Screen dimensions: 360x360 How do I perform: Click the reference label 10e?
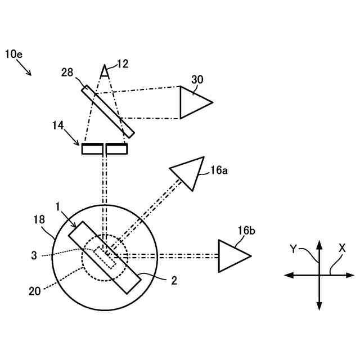click(15, 54)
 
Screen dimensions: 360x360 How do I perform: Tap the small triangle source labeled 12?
click(104, 71)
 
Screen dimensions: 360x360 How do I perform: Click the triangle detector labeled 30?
click(192, 102)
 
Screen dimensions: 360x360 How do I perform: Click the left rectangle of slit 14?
click(92, 149)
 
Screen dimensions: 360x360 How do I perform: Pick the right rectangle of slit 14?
click(116, 149)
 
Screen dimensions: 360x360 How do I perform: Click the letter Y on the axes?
click(293, 248)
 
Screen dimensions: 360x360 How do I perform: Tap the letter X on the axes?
click(343, 247)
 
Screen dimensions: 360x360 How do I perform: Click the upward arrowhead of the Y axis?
click(319, 244)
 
